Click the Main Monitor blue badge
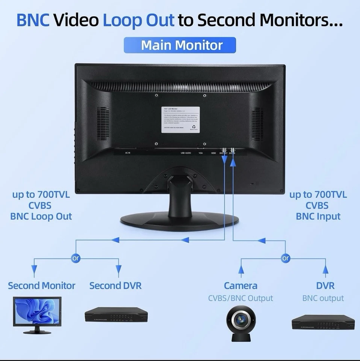coord(180,46)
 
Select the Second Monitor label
coord(42,286)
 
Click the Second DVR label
coord(115,286)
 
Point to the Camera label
coord(241,286)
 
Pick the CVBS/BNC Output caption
coord(241,299)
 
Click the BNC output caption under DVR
coord(323,299)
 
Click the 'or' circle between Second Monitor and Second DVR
coord(76,258)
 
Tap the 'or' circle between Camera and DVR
coord(286,258)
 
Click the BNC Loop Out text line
coord(41,217)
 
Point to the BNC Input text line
coord(318,217)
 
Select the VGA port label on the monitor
coord(201,153)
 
